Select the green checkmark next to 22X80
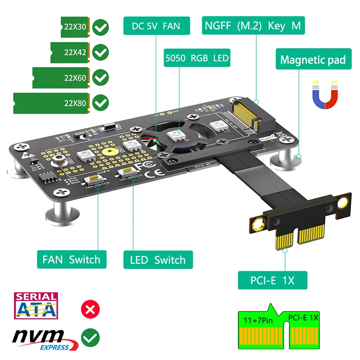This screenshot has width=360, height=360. point(100,103)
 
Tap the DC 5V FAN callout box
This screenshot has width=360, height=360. point(156,26)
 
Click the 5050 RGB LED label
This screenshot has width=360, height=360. point(197,58)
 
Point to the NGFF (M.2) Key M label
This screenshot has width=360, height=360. point(252,26)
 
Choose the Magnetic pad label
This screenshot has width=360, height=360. point(313,59)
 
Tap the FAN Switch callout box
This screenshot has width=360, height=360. point(72,260)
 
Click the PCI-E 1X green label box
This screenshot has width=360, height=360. point(272,280)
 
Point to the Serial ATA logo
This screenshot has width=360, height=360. point(36,306)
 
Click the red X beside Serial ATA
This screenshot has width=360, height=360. point(90,309)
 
